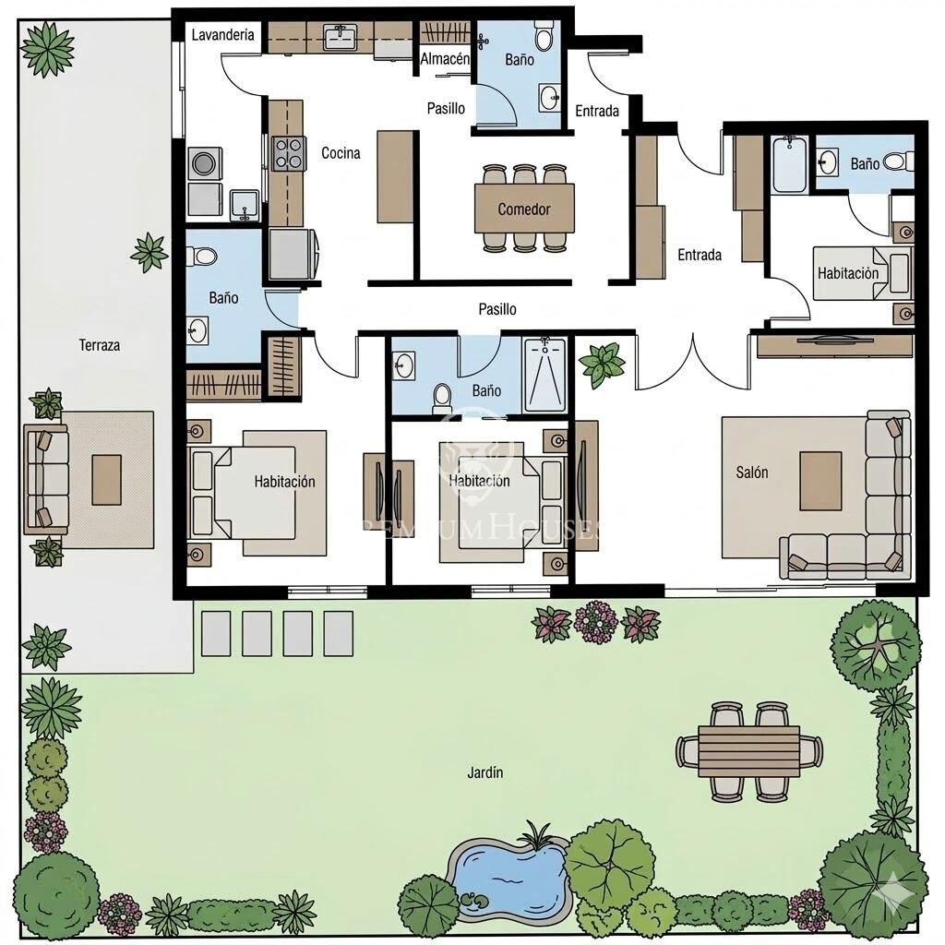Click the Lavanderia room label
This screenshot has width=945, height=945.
click(222, 35)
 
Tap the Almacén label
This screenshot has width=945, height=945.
click(445, 59)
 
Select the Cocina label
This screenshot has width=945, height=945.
click(341, 153)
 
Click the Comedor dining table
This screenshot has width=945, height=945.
click(524, 209)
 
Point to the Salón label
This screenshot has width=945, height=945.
click(751, 472)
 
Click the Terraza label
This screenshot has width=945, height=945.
click(99, 345)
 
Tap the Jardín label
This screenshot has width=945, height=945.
click(485, 772)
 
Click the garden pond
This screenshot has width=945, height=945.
click(509, 877)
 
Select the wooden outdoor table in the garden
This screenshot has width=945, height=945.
click(749, 751)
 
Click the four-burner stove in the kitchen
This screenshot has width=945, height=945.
click(289, 153)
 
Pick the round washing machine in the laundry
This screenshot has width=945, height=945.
click(204, 163)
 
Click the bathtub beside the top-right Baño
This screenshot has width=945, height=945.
click(790, 165)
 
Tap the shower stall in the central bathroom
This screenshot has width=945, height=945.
click(544, 375)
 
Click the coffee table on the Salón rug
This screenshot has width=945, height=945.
click(820, 481)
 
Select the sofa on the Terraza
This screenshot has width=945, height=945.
click(45, 479)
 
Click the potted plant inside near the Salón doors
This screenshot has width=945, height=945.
click(601, 364)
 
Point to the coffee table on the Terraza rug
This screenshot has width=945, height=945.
click(107, 480)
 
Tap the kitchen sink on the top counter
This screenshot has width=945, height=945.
click(341, 37)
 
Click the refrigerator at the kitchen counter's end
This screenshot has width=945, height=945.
click(293, 254)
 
